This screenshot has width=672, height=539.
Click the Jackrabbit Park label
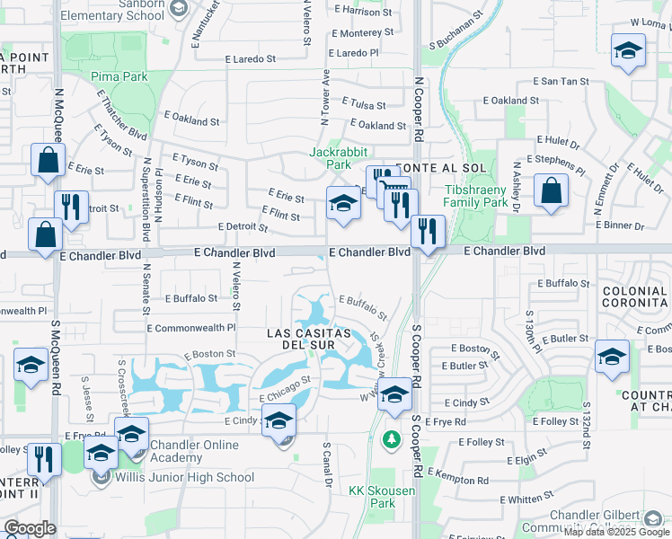point(330,158)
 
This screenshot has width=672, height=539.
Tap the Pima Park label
point(119,77)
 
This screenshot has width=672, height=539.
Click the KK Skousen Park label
point(372,497)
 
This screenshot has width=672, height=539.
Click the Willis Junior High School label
point(184,477)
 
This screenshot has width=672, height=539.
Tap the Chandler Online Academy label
point(194,451)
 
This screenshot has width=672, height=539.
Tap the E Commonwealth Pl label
point(191,329)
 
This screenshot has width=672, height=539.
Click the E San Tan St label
point(561,81)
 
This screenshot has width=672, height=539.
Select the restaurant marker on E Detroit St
point(72,206)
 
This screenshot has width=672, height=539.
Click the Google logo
point(30,528)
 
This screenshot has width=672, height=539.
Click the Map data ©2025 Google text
point(617,532)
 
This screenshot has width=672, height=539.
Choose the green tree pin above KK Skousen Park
point(390,439)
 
